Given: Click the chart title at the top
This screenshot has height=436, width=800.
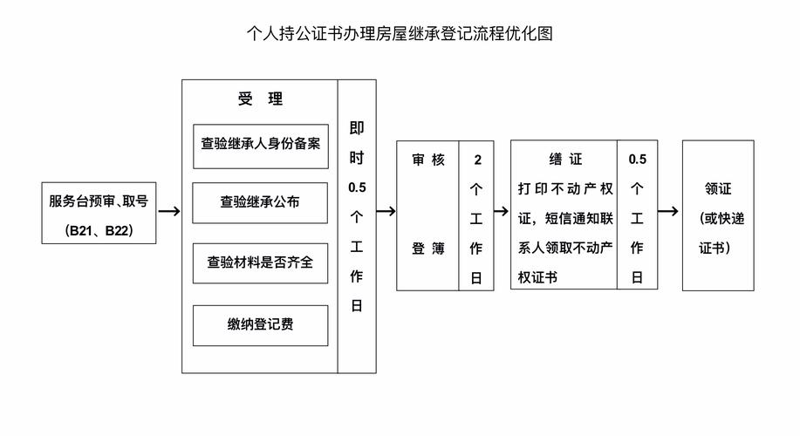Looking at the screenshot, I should pyautogui.click(x=400, y=34).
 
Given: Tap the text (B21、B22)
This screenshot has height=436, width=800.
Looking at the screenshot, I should pyautogui.click(x=99, y=231).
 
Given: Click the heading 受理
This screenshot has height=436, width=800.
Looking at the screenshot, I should pyautogui.click(x=260, y=99).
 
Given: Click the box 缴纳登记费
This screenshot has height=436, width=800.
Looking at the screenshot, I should pyautogui.click(x=260, y=325).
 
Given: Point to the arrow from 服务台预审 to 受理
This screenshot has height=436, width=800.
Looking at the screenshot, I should pyautogui.click(x=169, y=212).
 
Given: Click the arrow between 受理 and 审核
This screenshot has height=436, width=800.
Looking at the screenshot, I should pyautogui.click(x=386, y=212).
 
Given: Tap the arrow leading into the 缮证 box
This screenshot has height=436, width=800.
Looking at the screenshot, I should pyautogui.click(x=500, y=212).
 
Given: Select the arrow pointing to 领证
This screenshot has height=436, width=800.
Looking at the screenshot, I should pyautogui.click(x=668, y=212).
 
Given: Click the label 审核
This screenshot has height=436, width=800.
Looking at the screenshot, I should pyautogui.click(x=427, y=160).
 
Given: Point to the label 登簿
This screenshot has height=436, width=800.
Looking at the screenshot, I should pyautogui.click(x=427, y=249).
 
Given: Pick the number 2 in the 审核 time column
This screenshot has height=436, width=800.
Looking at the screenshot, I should pyautogui.click(x=476, y=160).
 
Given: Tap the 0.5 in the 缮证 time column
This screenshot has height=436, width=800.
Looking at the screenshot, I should pyautogui.click(x=637, y=160).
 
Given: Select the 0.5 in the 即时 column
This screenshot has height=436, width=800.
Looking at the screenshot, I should pyautogui.click(x=357, y=187).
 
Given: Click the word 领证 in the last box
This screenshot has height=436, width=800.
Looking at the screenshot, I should pyautogui.click(x=718, y=189).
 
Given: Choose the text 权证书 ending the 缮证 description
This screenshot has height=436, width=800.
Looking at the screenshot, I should pyautogui.click(x=537, y=278).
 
